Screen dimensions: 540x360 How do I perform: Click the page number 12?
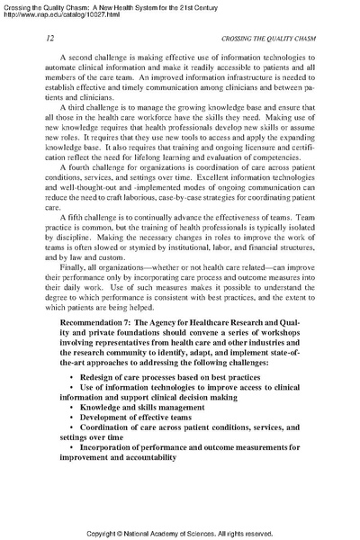tap(36, 41)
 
